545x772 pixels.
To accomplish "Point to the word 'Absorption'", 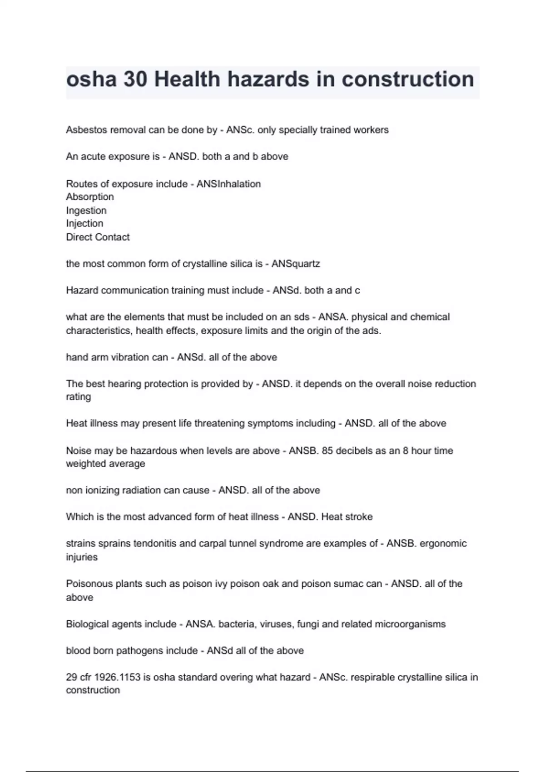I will point(90,197).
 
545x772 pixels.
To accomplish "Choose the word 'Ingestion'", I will point(86,210).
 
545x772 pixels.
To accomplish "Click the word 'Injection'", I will point(84,223).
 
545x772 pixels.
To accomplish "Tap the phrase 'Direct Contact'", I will point(98,237).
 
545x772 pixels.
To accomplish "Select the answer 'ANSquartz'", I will point(296,264).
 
